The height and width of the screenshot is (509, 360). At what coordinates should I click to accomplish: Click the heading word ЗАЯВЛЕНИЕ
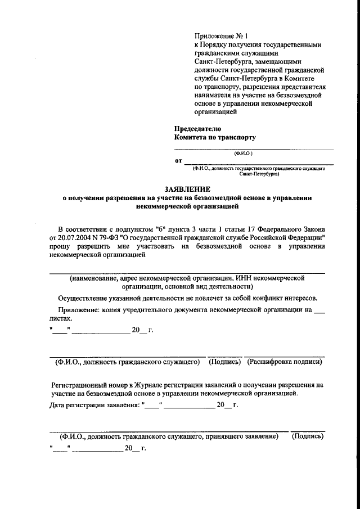(x=179, y=190)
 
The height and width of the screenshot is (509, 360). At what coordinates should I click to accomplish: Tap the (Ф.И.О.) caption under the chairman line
(x=244, y=153)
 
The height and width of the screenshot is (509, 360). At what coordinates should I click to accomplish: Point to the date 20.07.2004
(x=74, y=238)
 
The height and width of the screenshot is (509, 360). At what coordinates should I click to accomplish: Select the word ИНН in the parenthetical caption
(x=243, y=278)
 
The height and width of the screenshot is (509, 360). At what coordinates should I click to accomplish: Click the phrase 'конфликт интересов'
(x=285, y=298)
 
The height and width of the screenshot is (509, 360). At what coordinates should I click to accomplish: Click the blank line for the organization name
(x=187, y=272)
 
